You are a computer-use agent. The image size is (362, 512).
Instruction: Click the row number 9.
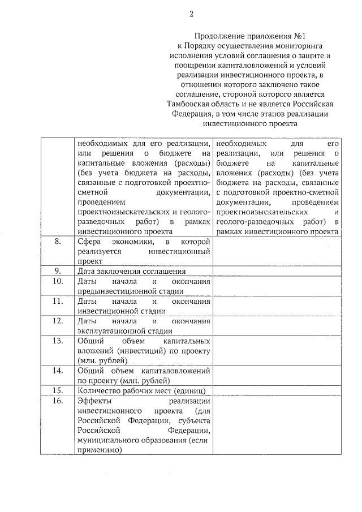57,270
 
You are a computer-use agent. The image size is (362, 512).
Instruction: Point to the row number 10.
57,281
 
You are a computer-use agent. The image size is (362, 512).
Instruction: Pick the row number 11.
57,301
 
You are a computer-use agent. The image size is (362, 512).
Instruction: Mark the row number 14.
57,371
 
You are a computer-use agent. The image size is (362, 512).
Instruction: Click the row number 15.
57,390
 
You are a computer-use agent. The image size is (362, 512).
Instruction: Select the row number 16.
57,401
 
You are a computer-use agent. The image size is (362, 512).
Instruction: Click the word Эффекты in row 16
94,401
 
